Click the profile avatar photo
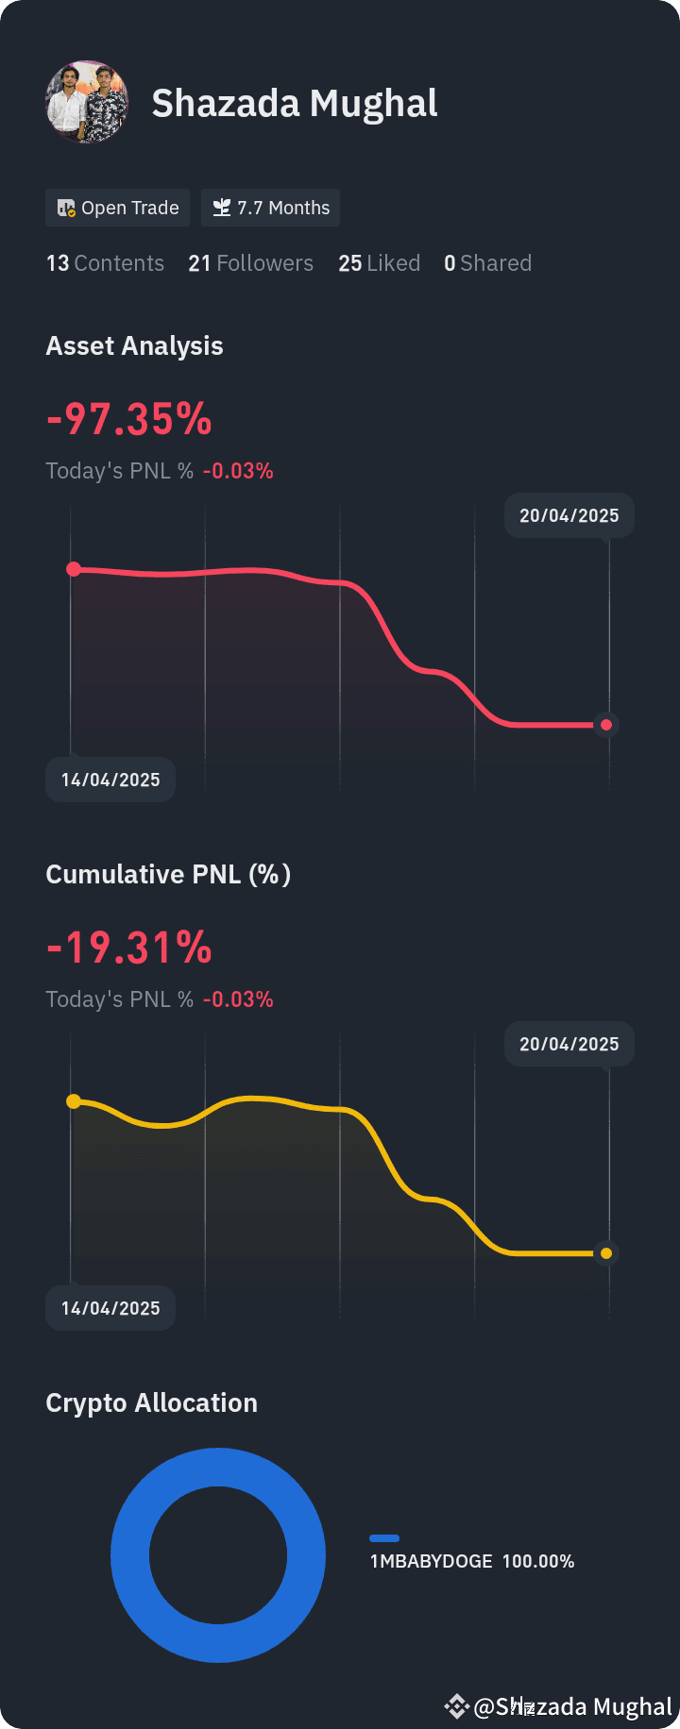tap(87, 102)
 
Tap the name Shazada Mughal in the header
tap(295, 104)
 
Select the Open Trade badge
tap(118, 208)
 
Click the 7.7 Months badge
tap(270, 208)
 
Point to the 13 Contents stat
tap(105, 263)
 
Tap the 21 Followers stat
tap(250, 263)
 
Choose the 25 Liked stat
tap(379, 263)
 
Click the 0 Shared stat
tap(487, 263)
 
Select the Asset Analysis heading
tap(134, 346)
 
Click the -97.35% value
tap(129, 419)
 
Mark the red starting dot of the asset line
tap(74, 569)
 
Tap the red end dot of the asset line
tap(606, 725)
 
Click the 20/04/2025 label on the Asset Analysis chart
tap(569, 516)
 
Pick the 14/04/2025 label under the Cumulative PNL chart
tap(110, 1308)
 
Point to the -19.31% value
tap(129, 948)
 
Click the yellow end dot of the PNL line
tap(606, 1253)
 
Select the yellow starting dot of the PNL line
tap(74, 1101)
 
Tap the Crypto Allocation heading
tap(151, 1403)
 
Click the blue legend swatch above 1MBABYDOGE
tap(384, 1538)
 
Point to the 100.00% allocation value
tap(538, 1561)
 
